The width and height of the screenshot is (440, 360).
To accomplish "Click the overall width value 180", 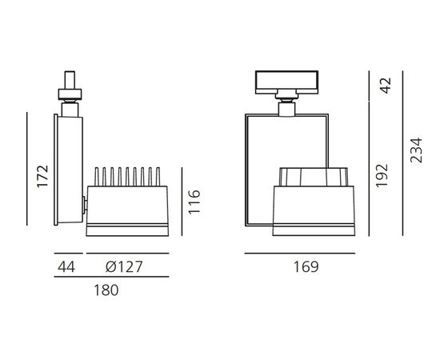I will click(106, 290).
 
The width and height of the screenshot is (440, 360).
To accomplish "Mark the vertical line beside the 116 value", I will click(182, 202).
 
